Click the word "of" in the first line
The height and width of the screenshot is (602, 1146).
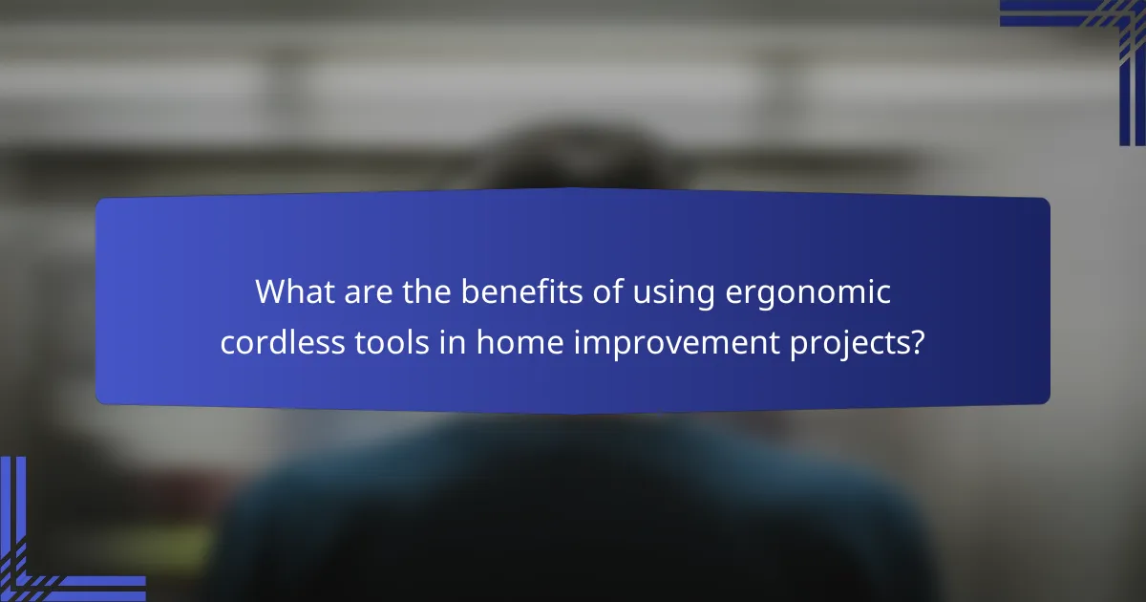click(601, 293)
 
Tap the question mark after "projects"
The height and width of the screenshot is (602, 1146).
click(918, 342)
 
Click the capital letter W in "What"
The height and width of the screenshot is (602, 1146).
click(270, 293)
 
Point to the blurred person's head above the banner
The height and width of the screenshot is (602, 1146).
click(573, 162)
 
